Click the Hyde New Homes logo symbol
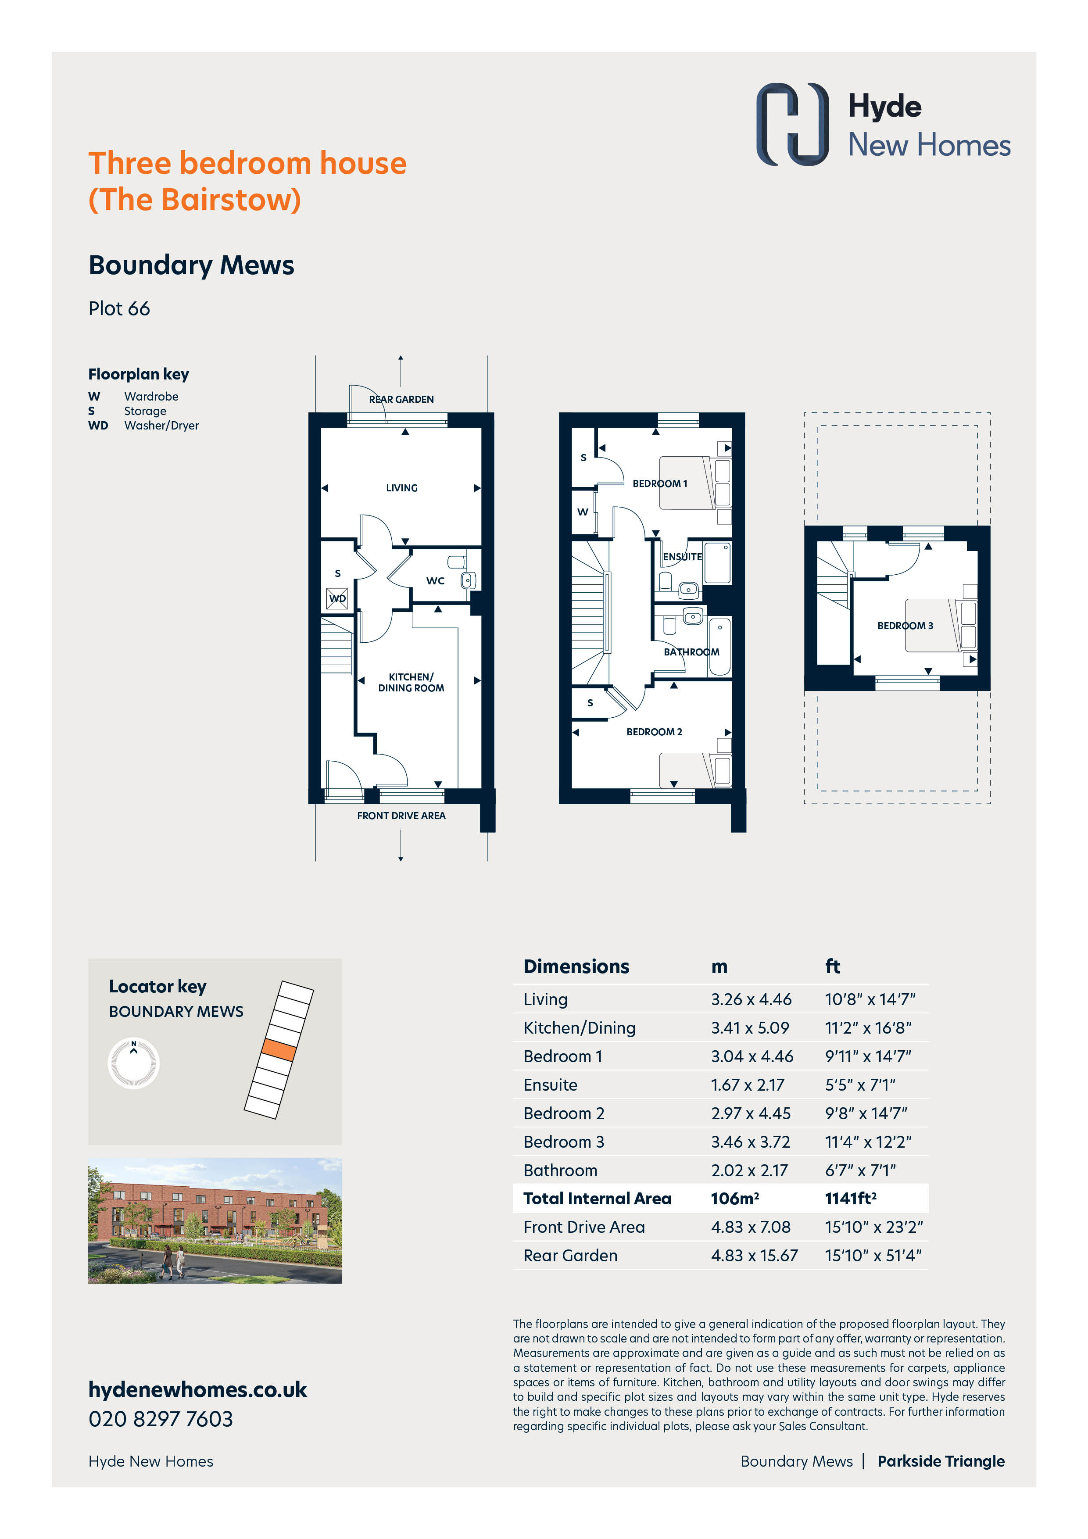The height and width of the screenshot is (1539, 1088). [x=792, y=124]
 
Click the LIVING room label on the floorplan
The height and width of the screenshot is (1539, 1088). [x=401, y=488]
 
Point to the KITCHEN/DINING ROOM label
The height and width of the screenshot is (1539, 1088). [x=411, y=682]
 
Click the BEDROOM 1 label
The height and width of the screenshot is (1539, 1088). [x=660, y=483]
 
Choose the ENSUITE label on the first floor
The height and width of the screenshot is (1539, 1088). [x=683, y=557]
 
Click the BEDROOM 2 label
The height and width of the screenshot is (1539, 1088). [x=654, y=732]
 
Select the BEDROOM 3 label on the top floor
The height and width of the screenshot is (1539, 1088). [x=905, y=626]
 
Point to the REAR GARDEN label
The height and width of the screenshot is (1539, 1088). [x=401, y=400]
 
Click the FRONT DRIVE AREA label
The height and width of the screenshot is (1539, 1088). [x=401, y=816]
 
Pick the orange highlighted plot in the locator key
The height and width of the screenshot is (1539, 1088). [x=278, y=1050]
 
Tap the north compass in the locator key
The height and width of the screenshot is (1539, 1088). [x=133, y=1063]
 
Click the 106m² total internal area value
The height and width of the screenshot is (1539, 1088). [x=735, y=1199]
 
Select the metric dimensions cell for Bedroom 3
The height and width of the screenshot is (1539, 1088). [x=750, y=1142]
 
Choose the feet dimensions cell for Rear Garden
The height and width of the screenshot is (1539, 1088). [x=873, y=1256]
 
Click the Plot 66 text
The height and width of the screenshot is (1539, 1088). [x=119, y=308]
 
